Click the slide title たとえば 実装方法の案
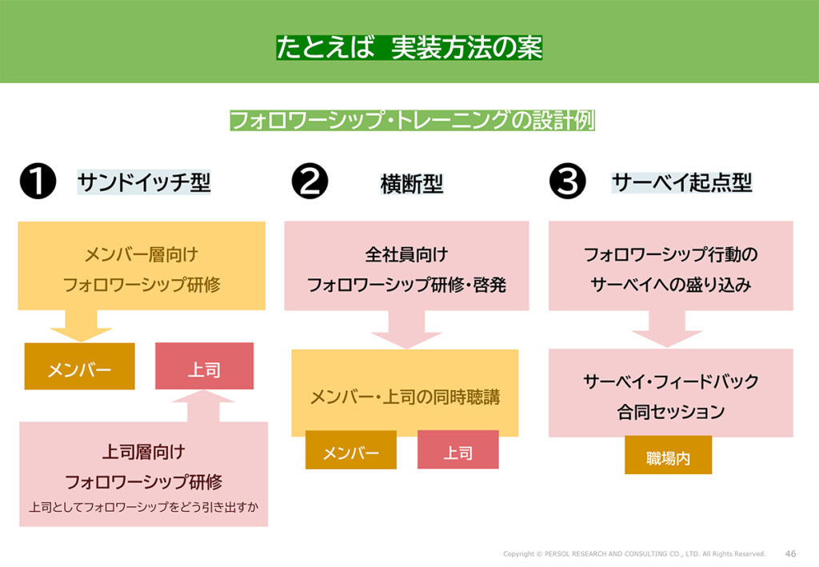(409, 48)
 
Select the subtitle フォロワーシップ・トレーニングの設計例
(412, 121)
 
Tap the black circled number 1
(37, 183)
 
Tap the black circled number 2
(310, 183)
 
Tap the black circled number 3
(568, 183)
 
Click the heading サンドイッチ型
(144, 183)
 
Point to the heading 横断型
(412, 185)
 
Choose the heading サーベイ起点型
(682, 183)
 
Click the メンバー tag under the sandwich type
(79, 369)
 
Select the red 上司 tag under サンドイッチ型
(204, 369)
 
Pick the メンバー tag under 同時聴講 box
(350, 453)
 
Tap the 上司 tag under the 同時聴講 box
(457, 453)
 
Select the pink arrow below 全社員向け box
(406, 329)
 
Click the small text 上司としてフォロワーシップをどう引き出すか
(144, 506)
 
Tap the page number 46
(790, 553)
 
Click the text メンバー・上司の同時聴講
(405, 396)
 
